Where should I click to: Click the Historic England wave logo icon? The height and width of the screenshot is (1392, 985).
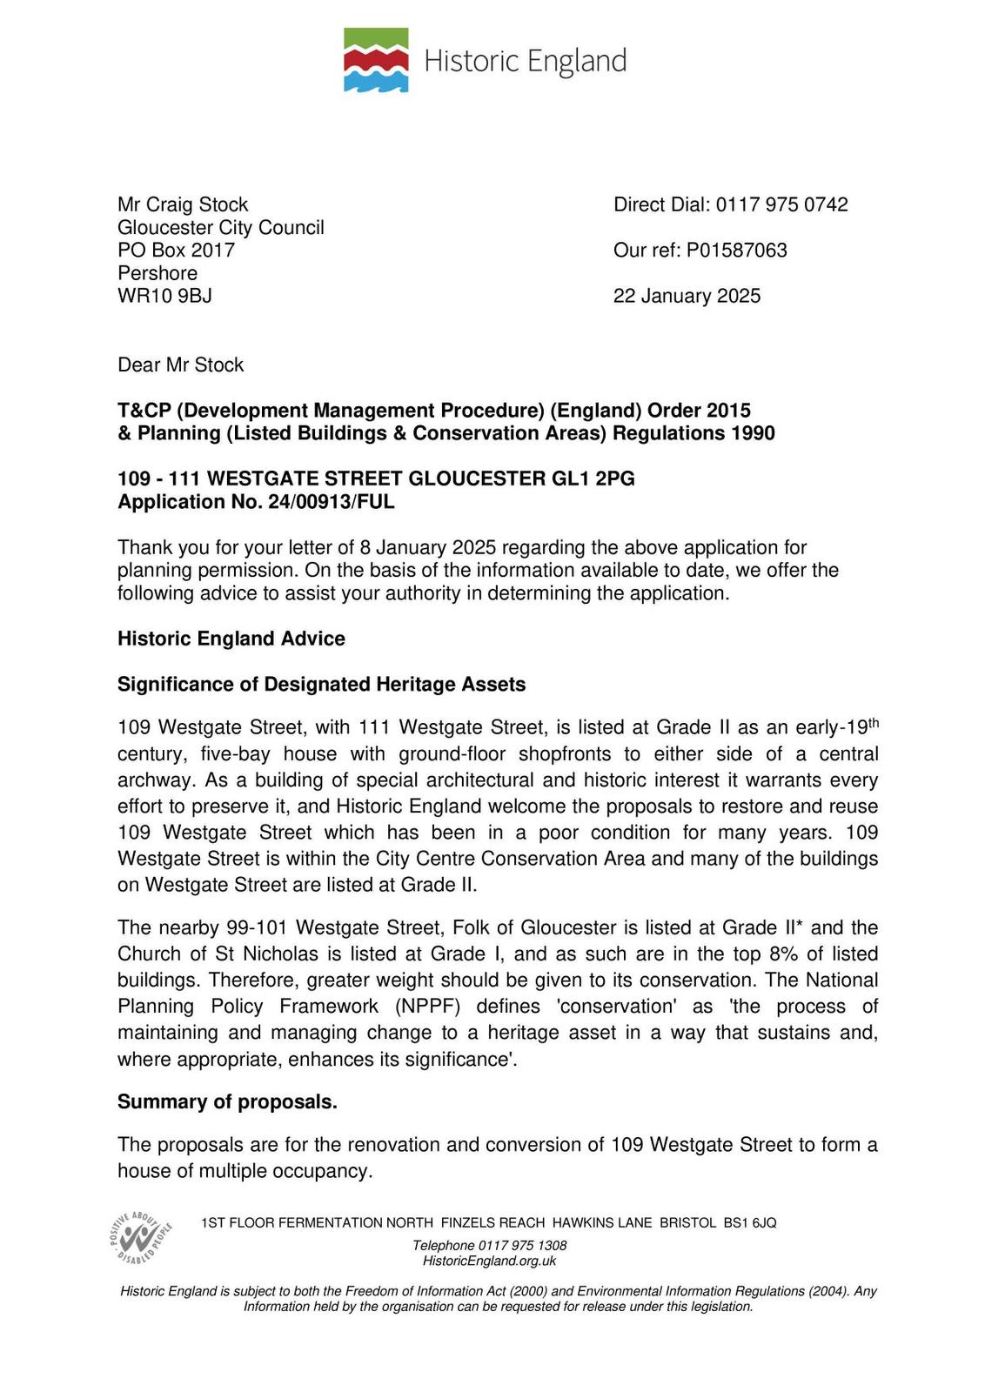pos(376,60)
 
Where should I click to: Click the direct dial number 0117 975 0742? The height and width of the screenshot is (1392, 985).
pos(781,204)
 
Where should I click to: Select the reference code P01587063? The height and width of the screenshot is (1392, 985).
pos(736,251)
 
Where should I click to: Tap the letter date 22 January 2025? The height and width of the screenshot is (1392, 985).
pos(687,296)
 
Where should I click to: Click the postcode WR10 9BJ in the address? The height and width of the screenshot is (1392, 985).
pos(164,296)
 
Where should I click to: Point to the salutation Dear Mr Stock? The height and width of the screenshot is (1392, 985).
pos(180,365)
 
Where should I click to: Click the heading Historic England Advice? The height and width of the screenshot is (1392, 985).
pos(231,639)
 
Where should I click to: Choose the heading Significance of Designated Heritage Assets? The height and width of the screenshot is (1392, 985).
pos(321,685)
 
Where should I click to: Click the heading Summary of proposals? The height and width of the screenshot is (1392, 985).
pos(227,1102)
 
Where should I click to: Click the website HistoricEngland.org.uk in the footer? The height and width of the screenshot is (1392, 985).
pos(489,1261)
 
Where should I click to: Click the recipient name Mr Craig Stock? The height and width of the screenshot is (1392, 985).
pos(183,204)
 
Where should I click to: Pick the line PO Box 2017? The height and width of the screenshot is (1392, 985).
pos(176,251)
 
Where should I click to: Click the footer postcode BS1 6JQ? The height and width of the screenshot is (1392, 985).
pos(749,1223)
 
